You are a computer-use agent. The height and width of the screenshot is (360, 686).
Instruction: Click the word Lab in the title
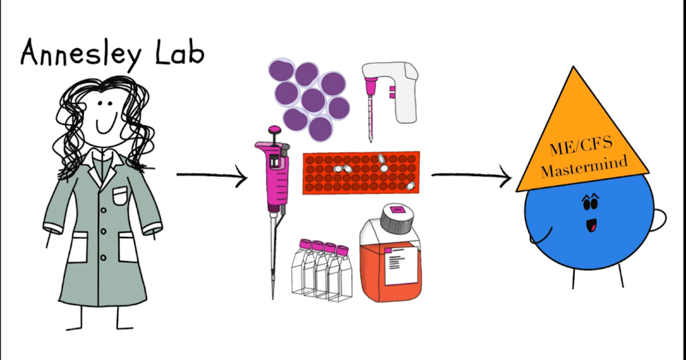pyautogui.click(x=180, y=53)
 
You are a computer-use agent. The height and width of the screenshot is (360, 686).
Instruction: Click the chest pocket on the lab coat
pyautogui.click(x=120, y=195)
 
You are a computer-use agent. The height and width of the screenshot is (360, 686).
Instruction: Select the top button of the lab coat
pyautogui.click(x=104, y=210)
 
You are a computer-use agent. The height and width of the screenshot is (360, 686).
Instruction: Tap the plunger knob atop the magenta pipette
pyautogui.click(x=274, y=130)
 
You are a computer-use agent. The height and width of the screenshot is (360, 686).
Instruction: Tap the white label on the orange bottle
pyautogui.click(x=401, y=266)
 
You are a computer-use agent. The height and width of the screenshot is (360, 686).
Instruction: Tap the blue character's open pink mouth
pyautogui.click(x=591, y=226)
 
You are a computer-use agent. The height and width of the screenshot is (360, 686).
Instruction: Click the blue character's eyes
pyautogui.click(x=590, y=204)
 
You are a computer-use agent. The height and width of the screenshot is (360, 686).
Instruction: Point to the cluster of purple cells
pyautogui.click(x=309, y=99)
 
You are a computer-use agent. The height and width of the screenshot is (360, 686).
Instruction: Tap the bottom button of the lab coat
pyautogui.click(x=103, y=257)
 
